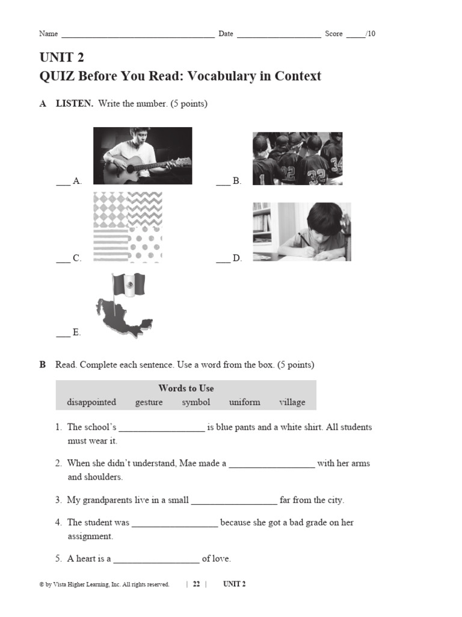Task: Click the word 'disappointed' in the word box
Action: (x=91, y=402)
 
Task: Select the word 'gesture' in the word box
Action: (x=149, y=402)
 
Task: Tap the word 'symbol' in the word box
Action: (x=196, y=402)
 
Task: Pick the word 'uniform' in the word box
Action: (x=244, y=402)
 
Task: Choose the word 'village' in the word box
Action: (x=292, y=402)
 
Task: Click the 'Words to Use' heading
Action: (x=186, y=388)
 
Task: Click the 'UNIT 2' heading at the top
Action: (x=62, y=58)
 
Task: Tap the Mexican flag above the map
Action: (x=129, y=285)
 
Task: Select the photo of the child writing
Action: (x=301, y=231)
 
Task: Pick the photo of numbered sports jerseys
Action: (x=297, y=158)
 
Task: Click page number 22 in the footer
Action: (x=196, y=584)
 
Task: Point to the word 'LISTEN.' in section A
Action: (x=75, y=104)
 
